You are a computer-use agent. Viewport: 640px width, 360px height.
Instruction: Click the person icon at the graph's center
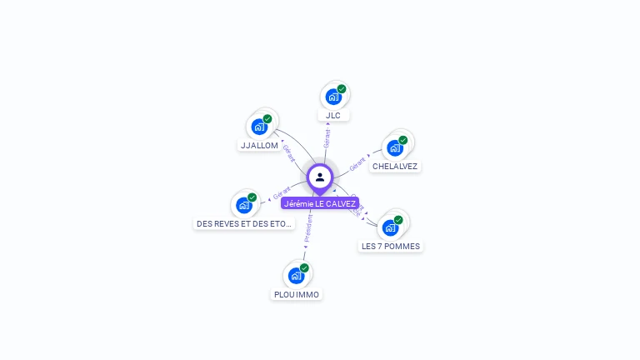point(320,177)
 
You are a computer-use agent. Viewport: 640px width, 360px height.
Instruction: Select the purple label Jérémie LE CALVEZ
point(320,203)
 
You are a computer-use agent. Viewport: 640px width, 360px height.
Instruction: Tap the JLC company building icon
point(333,97)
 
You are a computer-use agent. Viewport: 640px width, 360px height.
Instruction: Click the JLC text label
point(333,115)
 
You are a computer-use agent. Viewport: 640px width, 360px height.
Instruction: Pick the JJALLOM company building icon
point(259,127)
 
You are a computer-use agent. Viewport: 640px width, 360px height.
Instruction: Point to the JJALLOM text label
point(259,145)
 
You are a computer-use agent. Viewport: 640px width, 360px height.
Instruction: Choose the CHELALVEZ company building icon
point(395,148)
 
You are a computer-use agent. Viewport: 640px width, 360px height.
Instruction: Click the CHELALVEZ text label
point(395,166)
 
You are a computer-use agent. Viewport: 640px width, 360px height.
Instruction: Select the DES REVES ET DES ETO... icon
point(244,205)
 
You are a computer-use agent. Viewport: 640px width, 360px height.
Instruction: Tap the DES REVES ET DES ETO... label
point(244,223)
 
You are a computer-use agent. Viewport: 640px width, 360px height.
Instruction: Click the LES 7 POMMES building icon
point(390,227)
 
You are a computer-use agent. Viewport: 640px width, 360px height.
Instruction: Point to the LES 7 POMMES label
point(391,246)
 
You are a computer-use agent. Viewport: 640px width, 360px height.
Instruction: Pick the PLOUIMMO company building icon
point(297,276)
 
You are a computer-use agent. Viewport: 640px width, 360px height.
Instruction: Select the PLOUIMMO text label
point(297,294)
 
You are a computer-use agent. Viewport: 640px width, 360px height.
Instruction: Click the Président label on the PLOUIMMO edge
point(307,227)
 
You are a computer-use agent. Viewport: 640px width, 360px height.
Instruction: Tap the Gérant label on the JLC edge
point(327,138)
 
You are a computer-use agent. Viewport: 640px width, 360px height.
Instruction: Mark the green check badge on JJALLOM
point(267,118)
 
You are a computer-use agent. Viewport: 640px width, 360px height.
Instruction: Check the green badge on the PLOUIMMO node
point(304,267)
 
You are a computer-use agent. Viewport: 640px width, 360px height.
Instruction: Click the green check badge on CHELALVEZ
point(403,140)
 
